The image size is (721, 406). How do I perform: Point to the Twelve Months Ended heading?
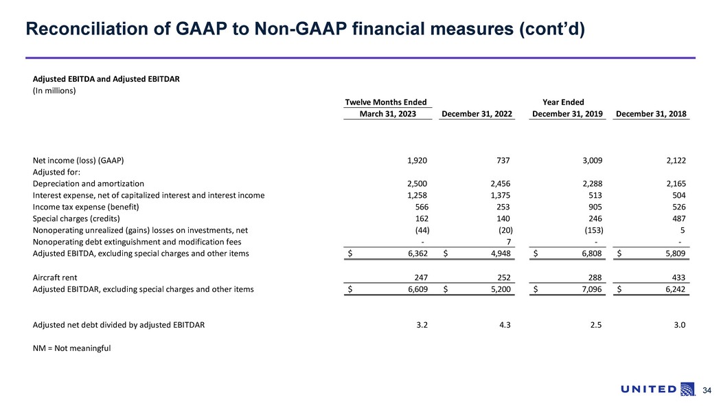pyautogui.click(x=385, y=102)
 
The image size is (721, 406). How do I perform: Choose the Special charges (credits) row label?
pyautogui.click(x=76, y=218)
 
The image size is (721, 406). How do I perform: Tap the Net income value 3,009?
pyautogui.click(x=591, y=161)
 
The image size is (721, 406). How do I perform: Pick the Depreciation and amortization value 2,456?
pyautogui.click(x=499, y=183)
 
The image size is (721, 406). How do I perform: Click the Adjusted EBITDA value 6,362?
pyautogui.click(x=415, y=254)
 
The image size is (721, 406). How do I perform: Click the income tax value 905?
pyautogui.click(x=595, y=207)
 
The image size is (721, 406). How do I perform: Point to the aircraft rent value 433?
pyautogui.click(x=678, y=278)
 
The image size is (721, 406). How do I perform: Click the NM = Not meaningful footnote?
pyautogui.click(x=71, y=348)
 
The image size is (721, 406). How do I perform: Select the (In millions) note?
pyautogui.click(x=54, y=90)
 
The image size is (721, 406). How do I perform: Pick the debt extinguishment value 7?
pyautogui.click(x=507, y=242)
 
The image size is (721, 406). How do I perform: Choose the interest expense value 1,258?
pyautogui.click(x=413, y=195)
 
